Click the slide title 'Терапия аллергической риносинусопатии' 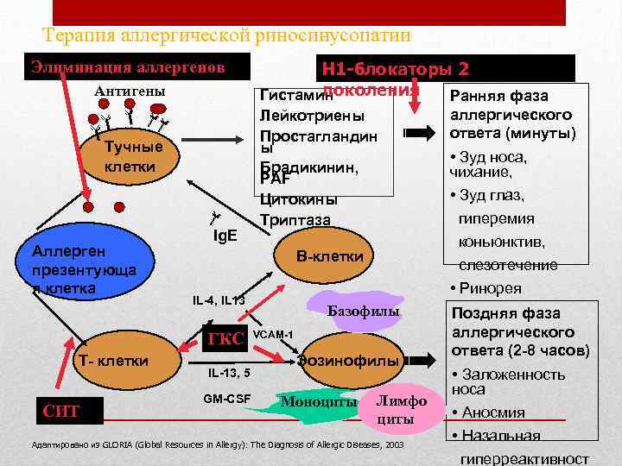tap(226, 35)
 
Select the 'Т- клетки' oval tap(110, 360)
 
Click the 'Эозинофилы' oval tap(348, 361)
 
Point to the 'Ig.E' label tap(225, 234)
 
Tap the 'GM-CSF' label tap(226, 399)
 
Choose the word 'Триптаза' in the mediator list tap(294, 220)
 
